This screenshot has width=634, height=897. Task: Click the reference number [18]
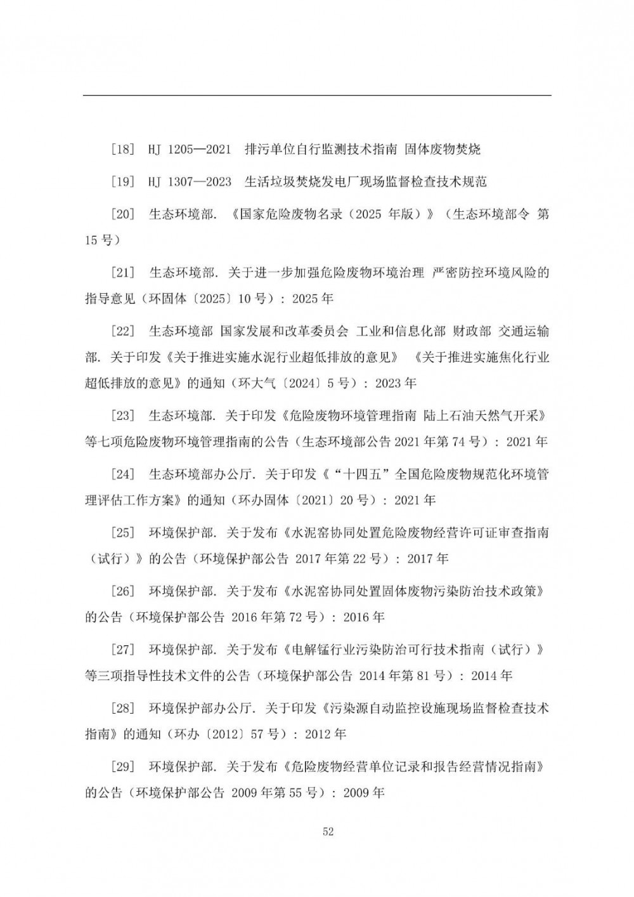pos(122,150)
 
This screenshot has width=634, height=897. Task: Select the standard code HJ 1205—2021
pos(190,150)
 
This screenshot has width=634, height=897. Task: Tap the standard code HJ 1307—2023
pos(190,182)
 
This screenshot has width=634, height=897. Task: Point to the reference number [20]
pos(122,214)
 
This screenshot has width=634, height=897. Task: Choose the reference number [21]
pos(122,273)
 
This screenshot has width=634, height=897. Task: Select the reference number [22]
pos(122,332)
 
